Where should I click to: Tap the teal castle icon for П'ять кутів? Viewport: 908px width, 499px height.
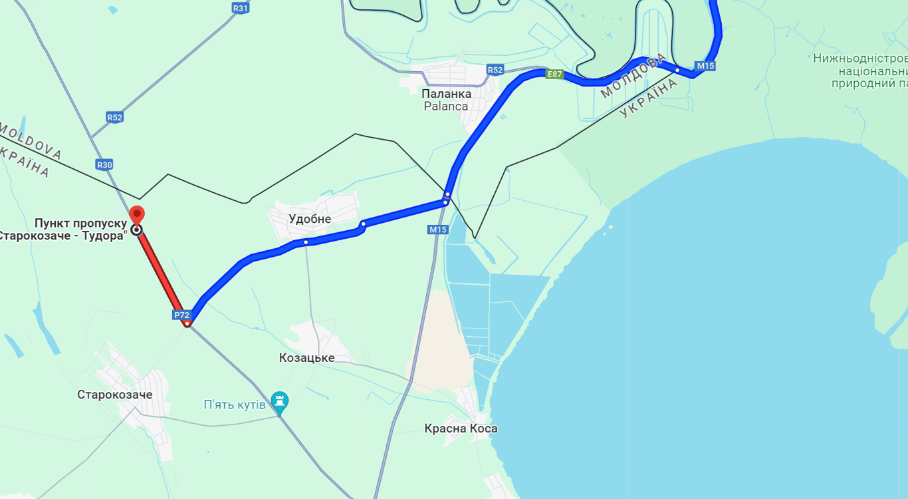coord(280,401)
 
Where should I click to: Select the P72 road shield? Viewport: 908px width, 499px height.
coord(181,315)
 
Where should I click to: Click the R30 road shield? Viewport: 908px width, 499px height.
coord(104,164)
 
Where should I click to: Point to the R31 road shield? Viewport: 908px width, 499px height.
coord(240,8)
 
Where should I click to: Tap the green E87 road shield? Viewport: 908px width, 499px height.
coord(554,74)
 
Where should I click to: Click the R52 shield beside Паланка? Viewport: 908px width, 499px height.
coord(495,70)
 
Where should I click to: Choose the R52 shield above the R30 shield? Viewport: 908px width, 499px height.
coord(114,117)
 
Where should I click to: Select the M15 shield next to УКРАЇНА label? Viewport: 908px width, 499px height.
coord(705,66)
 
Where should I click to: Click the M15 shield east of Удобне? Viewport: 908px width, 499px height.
coord(438,230)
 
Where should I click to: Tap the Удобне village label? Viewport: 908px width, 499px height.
coord(310,219)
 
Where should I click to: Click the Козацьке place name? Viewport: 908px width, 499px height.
coord(306,358)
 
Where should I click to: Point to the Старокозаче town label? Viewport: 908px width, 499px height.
coord(114,395)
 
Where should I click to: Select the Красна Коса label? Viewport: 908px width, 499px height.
coord(461,428)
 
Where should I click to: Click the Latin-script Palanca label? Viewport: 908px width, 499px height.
coord(445,106)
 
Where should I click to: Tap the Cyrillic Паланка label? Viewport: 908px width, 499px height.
coord(446,94)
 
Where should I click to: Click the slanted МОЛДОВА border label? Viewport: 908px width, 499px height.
coord(632,76)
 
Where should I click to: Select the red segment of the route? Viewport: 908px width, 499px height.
coord(162,277)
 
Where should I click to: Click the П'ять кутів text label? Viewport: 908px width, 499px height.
coord(235,405)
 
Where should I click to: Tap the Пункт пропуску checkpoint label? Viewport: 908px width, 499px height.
coord(80,223)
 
